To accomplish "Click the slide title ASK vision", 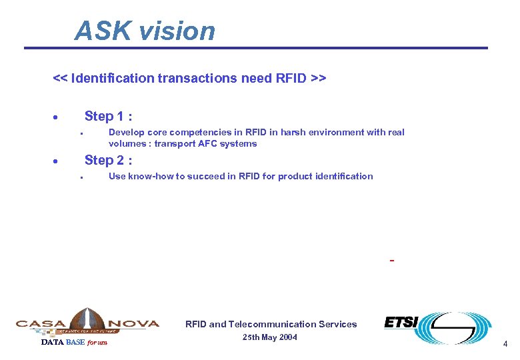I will coord(145,31).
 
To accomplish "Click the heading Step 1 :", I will coord(108,116).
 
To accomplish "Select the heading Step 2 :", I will coord(108,160).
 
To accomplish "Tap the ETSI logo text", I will coord(401,323).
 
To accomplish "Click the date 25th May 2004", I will coord(270,337).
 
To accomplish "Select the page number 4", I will coord(505,344).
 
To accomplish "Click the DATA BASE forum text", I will coord(73,343).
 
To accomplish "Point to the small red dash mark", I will coord(392,260).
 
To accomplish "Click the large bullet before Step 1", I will coord(55,117).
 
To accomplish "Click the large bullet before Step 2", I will coord(55,161).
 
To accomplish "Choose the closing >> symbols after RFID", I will coord(317,78).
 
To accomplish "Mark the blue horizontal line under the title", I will coord(256,48).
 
